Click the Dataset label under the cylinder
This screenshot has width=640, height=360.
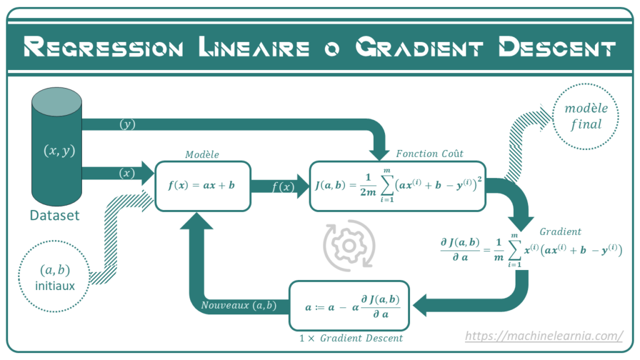(55, 215)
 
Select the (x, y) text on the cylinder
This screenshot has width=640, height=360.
(59, 151)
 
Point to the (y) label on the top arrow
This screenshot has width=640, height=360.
(127, 124)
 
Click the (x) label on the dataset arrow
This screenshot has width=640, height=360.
(127, 173)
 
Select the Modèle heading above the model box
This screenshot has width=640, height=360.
(202, 154)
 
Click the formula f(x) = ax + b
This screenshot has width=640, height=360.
(202, 185)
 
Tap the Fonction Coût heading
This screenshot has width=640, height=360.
(429, 154)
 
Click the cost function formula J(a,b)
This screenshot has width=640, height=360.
(398, 185)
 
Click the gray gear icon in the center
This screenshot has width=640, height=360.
(349, 246)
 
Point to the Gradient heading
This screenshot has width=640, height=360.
(560, 232)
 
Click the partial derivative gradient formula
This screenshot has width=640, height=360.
(531, 250)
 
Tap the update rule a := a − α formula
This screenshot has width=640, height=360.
(352, 306)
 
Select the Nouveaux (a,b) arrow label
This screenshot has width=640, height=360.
(239, 305)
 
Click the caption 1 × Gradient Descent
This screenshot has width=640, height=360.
(351, 338)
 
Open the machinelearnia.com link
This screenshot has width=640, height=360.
(544, 336)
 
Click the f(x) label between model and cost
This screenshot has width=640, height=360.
(283, 187)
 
